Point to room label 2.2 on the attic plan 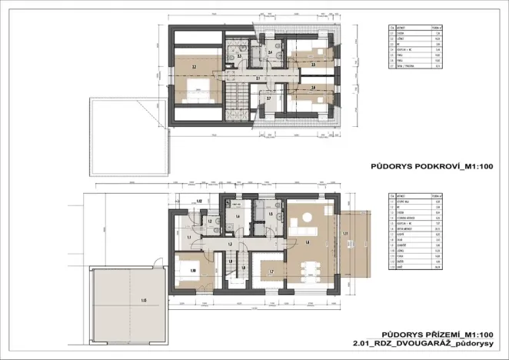pos(194,69)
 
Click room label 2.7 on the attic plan pos(268,99)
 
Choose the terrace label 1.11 pos(347,234)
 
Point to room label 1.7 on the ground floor pos(272,272)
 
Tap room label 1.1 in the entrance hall pos(190,238)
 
